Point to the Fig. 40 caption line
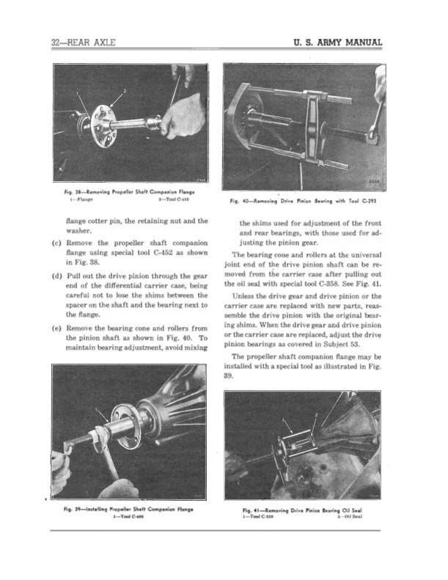click(x=307, y=198)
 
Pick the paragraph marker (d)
click(x=56, y=276)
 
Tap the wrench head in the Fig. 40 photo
click(x=374, y=132)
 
